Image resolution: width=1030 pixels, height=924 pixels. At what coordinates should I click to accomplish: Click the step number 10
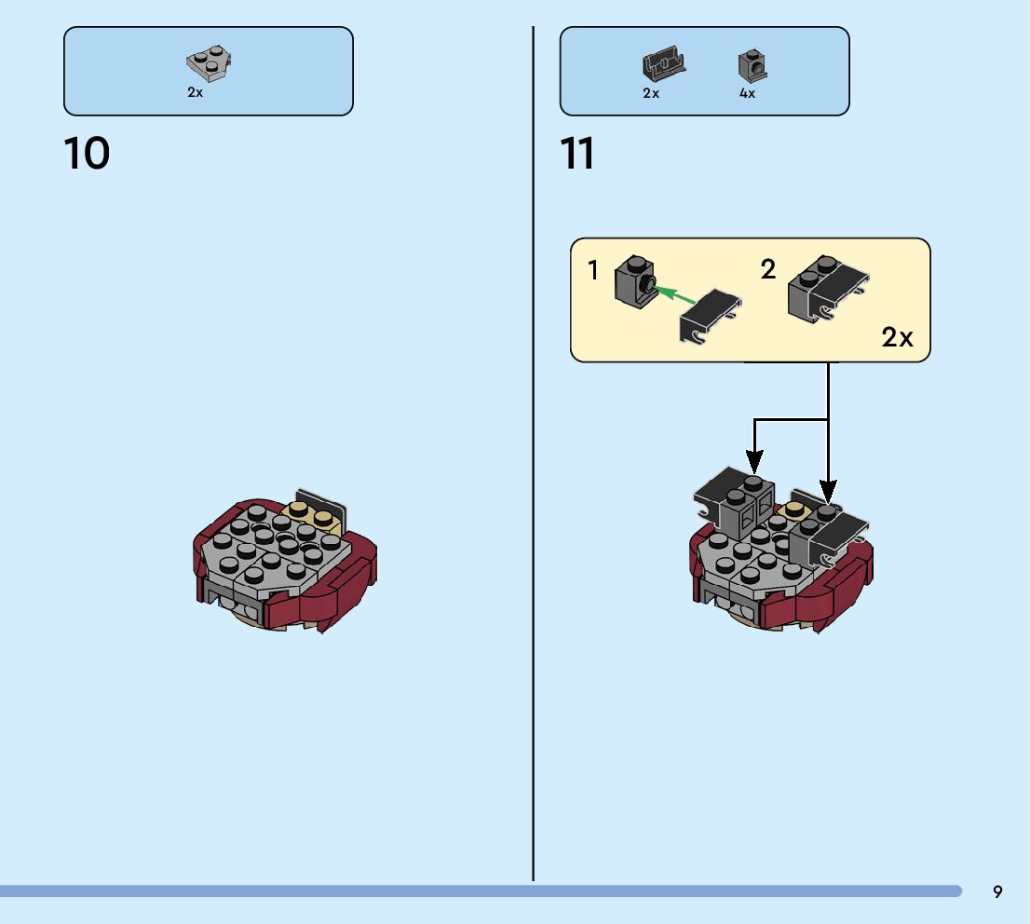87,154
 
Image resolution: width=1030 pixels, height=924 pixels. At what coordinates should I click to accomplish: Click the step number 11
577,154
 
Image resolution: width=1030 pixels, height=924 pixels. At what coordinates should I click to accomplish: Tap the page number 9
997,892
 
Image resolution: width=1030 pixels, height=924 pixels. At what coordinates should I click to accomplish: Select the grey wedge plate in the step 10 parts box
210,64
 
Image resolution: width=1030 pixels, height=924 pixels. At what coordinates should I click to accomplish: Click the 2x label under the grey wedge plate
195,93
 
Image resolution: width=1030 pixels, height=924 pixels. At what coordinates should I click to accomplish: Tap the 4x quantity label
747,93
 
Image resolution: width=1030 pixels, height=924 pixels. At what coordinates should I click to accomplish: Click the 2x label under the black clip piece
651,93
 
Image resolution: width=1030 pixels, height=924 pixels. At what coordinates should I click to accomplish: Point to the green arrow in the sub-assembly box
675,295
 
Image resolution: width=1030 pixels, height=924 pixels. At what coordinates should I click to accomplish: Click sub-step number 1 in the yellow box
593,271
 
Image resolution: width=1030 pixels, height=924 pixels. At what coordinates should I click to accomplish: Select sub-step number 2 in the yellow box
767,270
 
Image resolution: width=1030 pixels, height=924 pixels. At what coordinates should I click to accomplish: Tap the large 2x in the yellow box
897,337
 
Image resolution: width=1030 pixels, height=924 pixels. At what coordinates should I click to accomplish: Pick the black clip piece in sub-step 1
711,317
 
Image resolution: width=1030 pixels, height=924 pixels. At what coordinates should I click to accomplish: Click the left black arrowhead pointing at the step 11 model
754,462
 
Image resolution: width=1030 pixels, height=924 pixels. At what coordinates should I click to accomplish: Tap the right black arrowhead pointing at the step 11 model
828,491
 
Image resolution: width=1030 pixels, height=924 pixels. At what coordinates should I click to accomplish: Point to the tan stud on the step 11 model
795,509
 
